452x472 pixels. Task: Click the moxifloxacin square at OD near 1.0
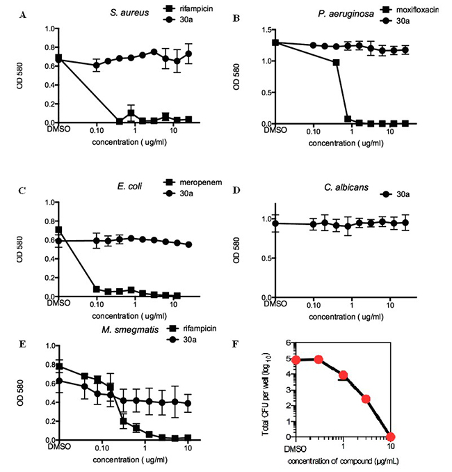click(336, 63)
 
